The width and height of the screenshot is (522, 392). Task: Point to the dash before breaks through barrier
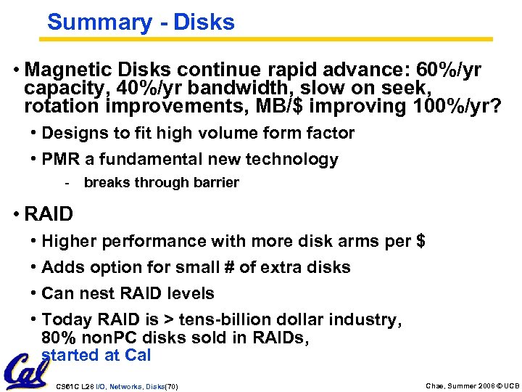[67, 183]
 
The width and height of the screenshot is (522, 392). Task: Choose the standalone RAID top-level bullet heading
[49, 214]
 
